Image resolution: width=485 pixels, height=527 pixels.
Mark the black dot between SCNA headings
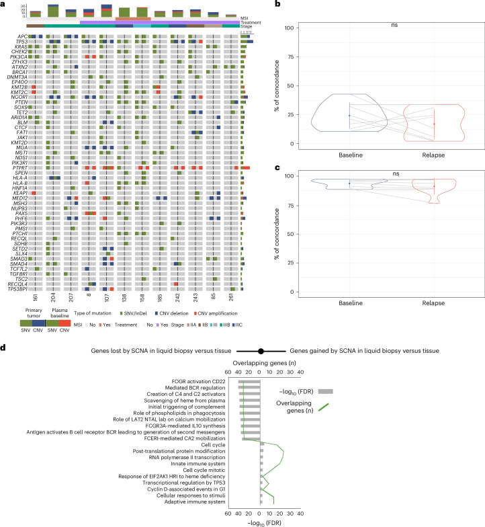point(261,351)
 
